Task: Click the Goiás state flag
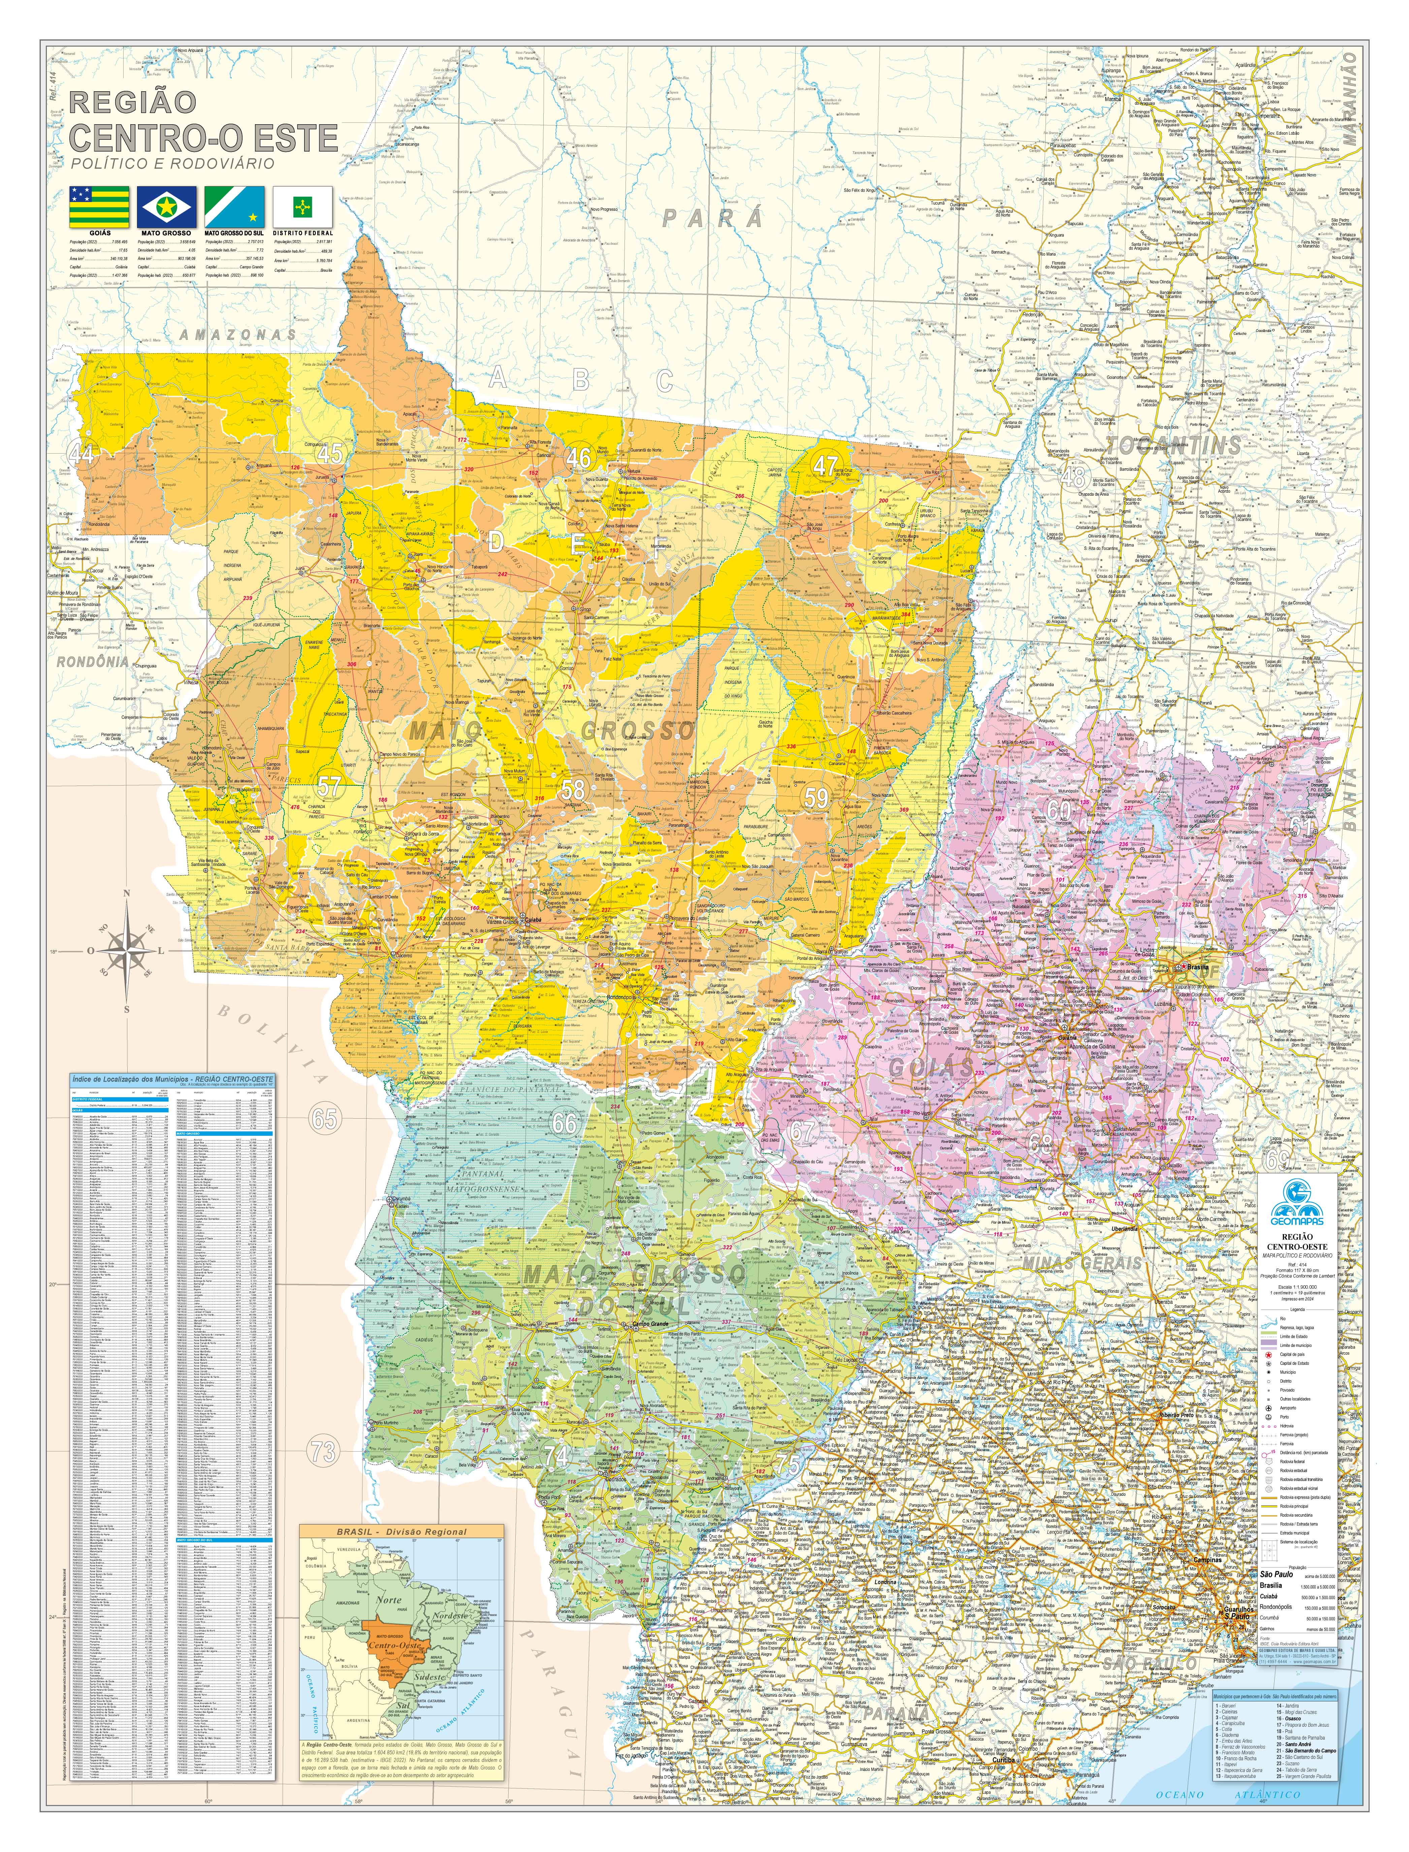click(x=99, y=206)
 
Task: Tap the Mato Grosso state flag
click(x=167, y=206)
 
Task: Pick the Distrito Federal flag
click(x=302, y=206)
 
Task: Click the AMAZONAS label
click(x=239, y=334)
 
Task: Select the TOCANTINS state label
click(x=1174, y=444)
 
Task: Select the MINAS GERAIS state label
click(x=1082, y=1263)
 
